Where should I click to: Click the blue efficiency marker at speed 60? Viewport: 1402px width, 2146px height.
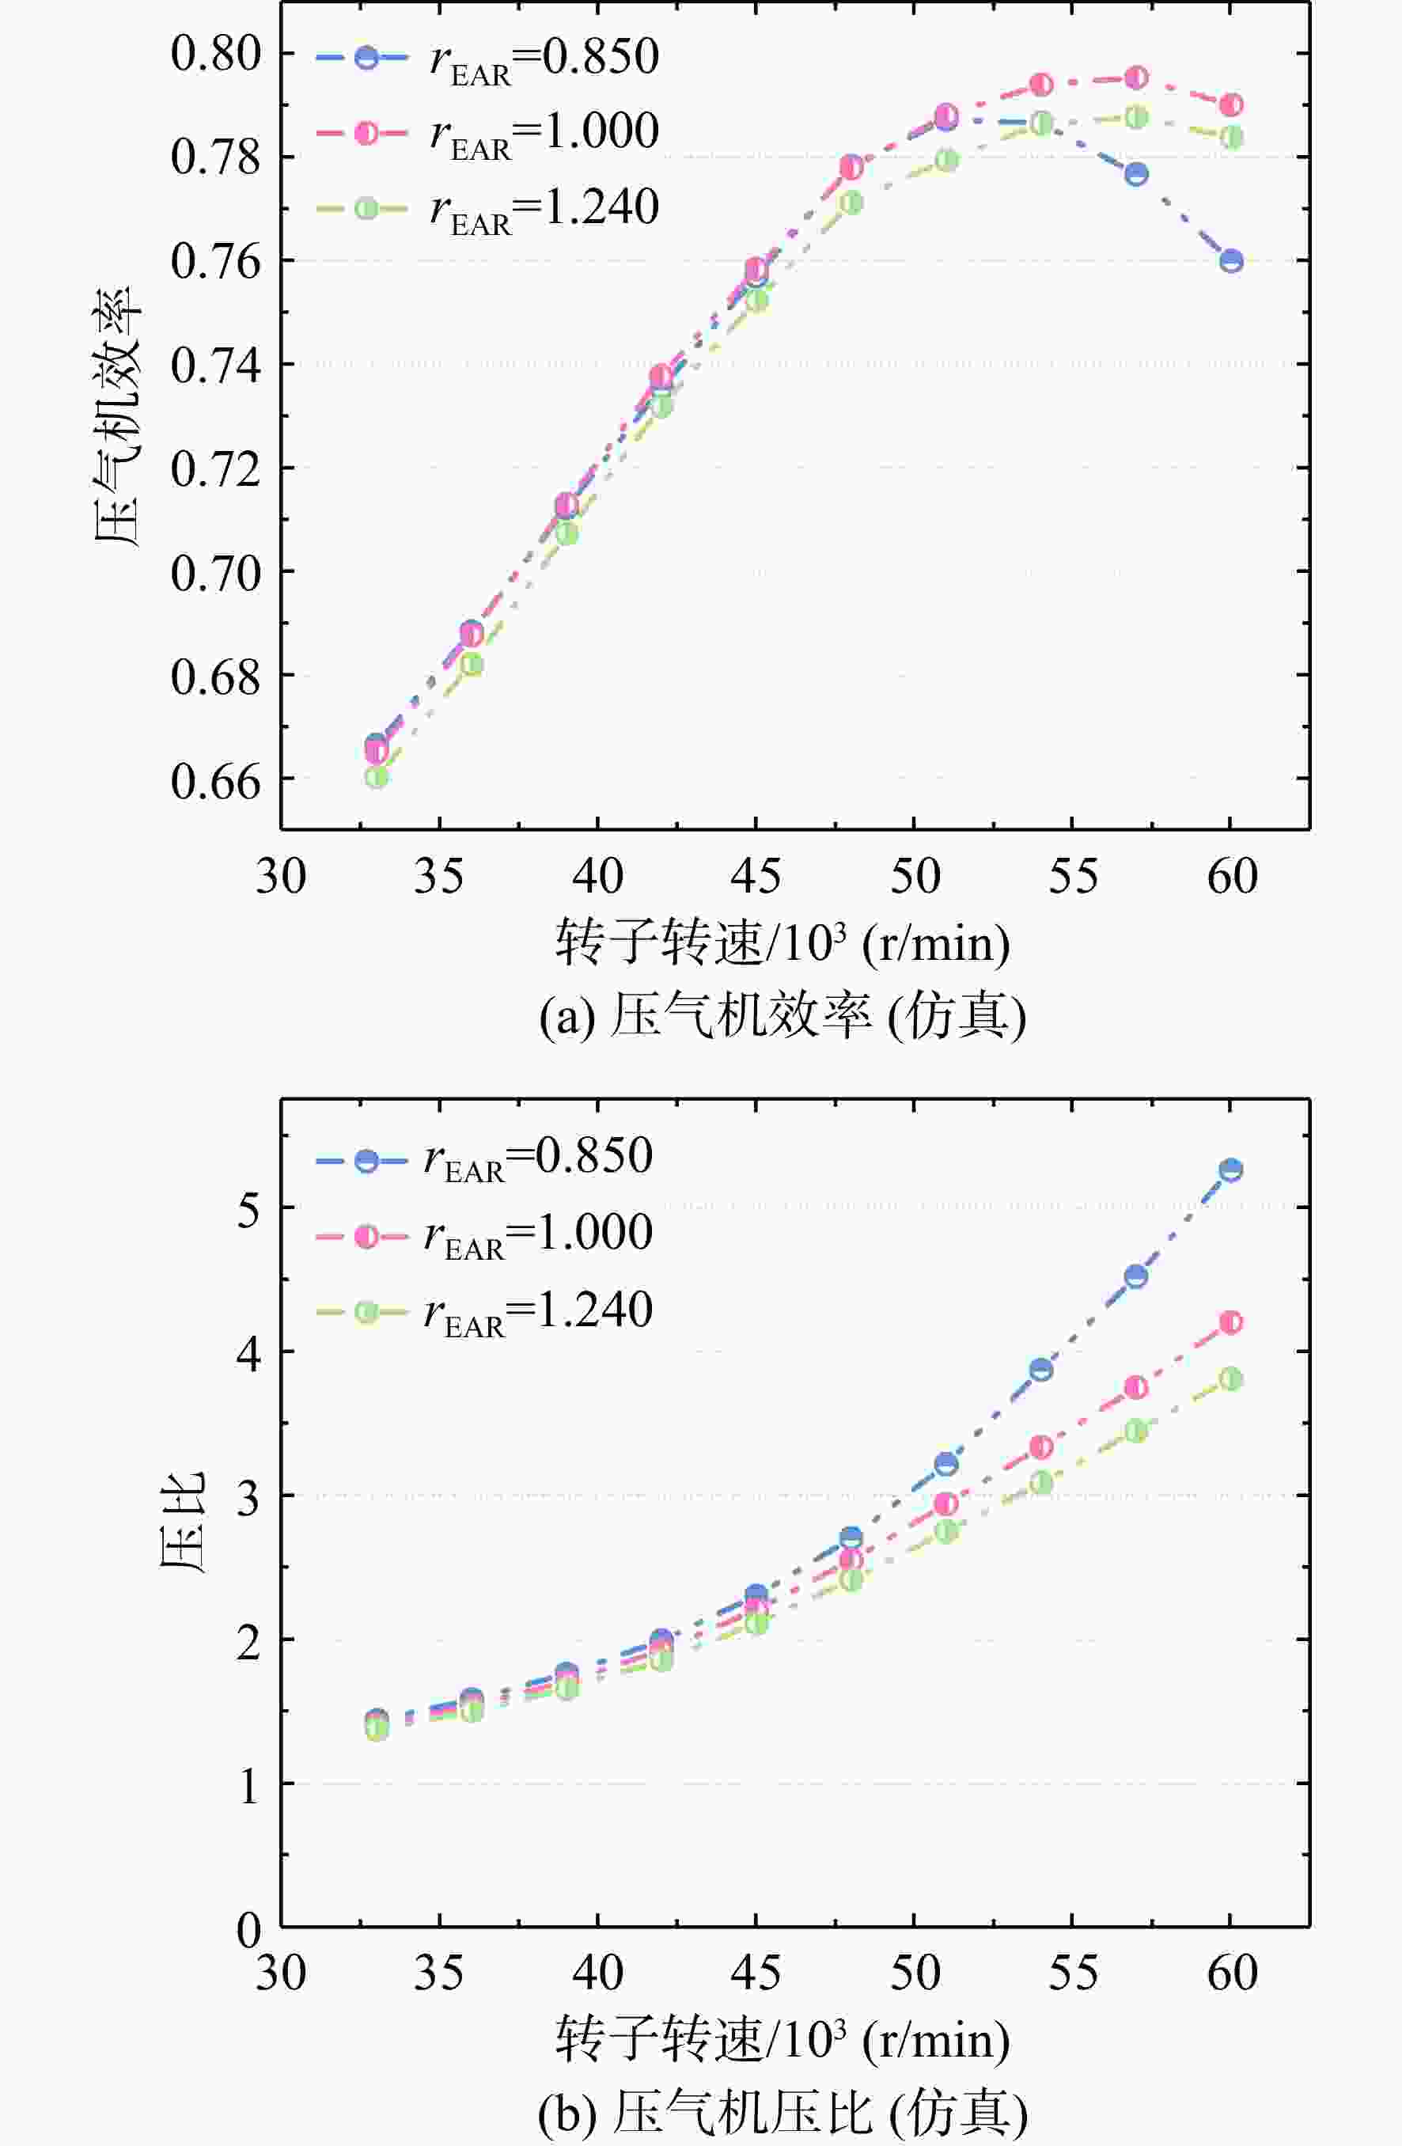point(1230,261)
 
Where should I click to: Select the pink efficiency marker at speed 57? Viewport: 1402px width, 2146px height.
point(1136,78)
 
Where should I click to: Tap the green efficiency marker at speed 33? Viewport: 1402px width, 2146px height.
point(377,776)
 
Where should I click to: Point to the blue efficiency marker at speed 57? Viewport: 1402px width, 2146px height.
point(1136,174)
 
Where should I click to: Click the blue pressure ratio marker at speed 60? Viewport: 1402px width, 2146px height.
point(1230,1170)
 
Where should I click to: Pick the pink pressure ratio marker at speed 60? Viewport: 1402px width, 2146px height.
point(1230,1323)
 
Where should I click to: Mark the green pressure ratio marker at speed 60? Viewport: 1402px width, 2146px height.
point(1230,1379)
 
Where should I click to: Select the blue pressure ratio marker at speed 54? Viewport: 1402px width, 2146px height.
point(1041,1370)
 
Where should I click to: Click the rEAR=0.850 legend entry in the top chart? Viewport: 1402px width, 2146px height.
point(487,59)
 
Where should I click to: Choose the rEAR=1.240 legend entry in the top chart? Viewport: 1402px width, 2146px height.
point(487,209)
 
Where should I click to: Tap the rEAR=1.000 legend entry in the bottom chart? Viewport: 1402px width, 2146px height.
point(485,1236)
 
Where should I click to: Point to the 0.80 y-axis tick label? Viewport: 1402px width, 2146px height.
point(215,53)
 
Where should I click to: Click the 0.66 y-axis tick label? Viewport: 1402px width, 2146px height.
point(215,780)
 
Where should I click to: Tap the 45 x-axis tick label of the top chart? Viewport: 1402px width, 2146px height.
point(756,875)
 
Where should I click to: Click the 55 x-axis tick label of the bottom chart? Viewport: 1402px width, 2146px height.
point(1073,1972)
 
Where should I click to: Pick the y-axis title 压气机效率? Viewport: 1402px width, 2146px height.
point(118,416)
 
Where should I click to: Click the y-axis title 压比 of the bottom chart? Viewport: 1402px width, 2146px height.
point(183,1523)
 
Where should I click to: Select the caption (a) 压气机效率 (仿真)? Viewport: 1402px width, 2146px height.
point(782,1016)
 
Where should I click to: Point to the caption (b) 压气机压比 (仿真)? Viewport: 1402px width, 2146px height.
point(782,2113)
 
